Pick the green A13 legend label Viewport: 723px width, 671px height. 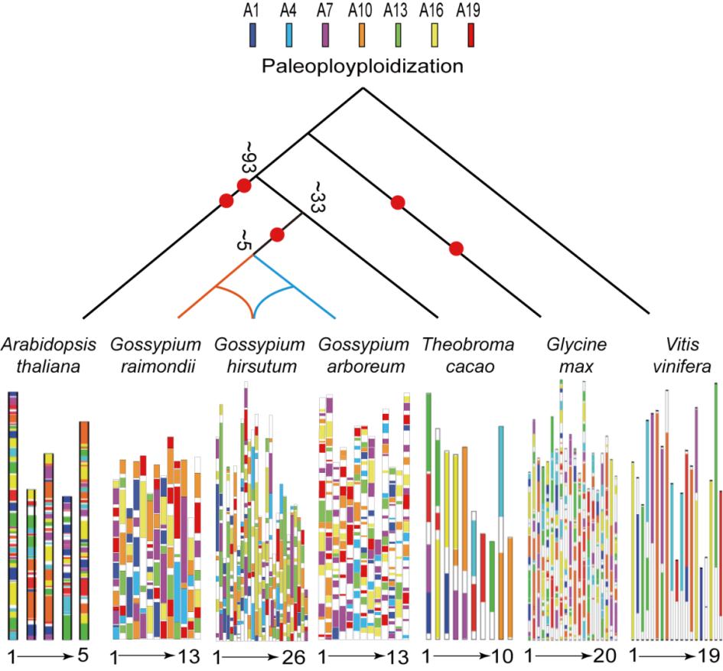click(394, 11)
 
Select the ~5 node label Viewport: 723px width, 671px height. click(244, 239)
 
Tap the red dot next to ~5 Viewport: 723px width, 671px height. click(278, 235)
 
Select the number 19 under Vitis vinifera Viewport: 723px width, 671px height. click(707, 656)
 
